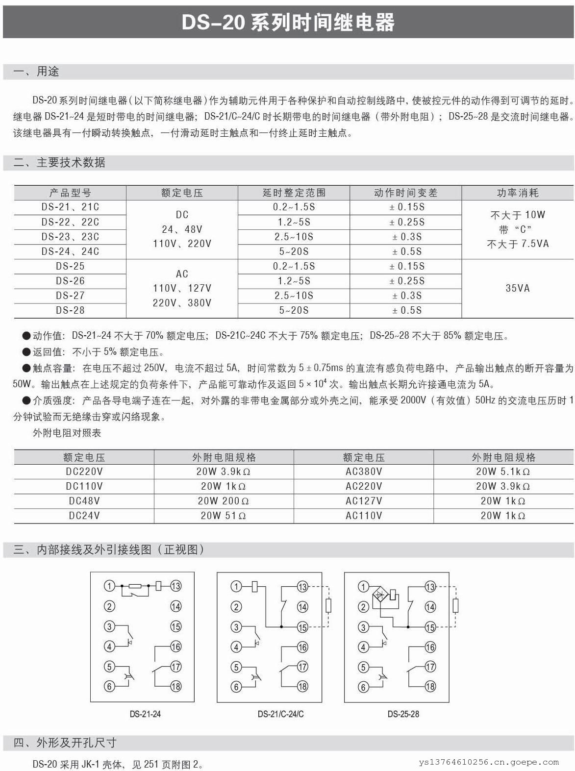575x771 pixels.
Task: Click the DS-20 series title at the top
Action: [x=288, y=23]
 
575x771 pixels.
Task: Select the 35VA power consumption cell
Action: [x=518, y=288]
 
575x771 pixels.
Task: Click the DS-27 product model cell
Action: [x=70, y=296]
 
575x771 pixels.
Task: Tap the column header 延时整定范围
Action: [x=294, y=193]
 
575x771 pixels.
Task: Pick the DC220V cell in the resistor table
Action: [x=84, y=472]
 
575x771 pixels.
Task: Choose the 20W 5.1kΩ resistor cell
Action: [x=503, y=472]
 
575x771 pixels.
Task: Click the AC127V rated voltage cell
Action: [x=364, y=501]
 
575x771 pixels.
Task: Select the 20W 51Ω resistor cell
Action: [x=224, y=516]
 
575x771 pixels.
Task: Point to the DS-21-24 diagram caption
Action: [x=145, y=714]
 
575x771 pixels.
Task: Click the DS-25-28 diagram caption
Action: [x=403, y=714]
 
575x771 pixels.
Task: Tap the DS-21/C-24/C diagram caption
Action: [x=280, y=714]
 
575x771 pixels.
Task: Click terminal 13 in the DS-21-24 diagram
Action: [x=175, y=586]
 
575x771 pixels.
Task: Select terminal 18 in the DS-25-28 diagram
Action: [x=430, y=686]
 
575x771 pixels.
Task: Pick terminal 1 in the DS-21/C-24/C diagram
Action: [x=236, y=586]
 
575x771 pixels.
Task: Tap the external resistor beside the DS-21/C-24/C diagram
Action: [x=328, y=606]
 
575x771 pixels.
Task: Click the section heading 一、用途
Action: [x=37, y=72]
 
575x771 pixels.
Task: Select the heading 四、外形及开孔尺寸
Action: [x=65, y=743]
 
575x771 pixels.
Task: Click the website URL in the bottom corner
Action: [x=488, y=762]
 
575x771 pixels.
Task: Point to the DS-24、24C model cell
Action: [x=70, y=251]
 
